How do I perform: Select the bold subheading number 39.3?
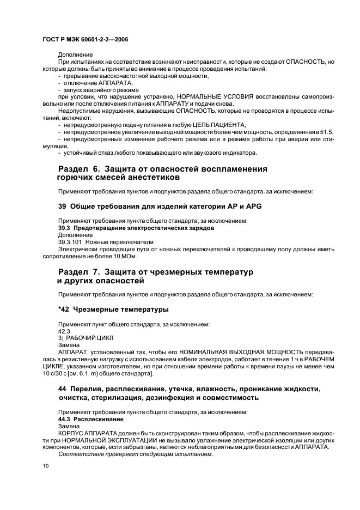(65, 228)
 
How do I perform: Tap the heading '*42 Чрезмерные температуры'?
(113, 309)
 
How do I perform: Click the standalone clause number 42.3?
(64, 331)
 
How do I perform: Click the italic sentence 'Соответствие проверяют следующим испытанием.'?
(135, 454)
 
